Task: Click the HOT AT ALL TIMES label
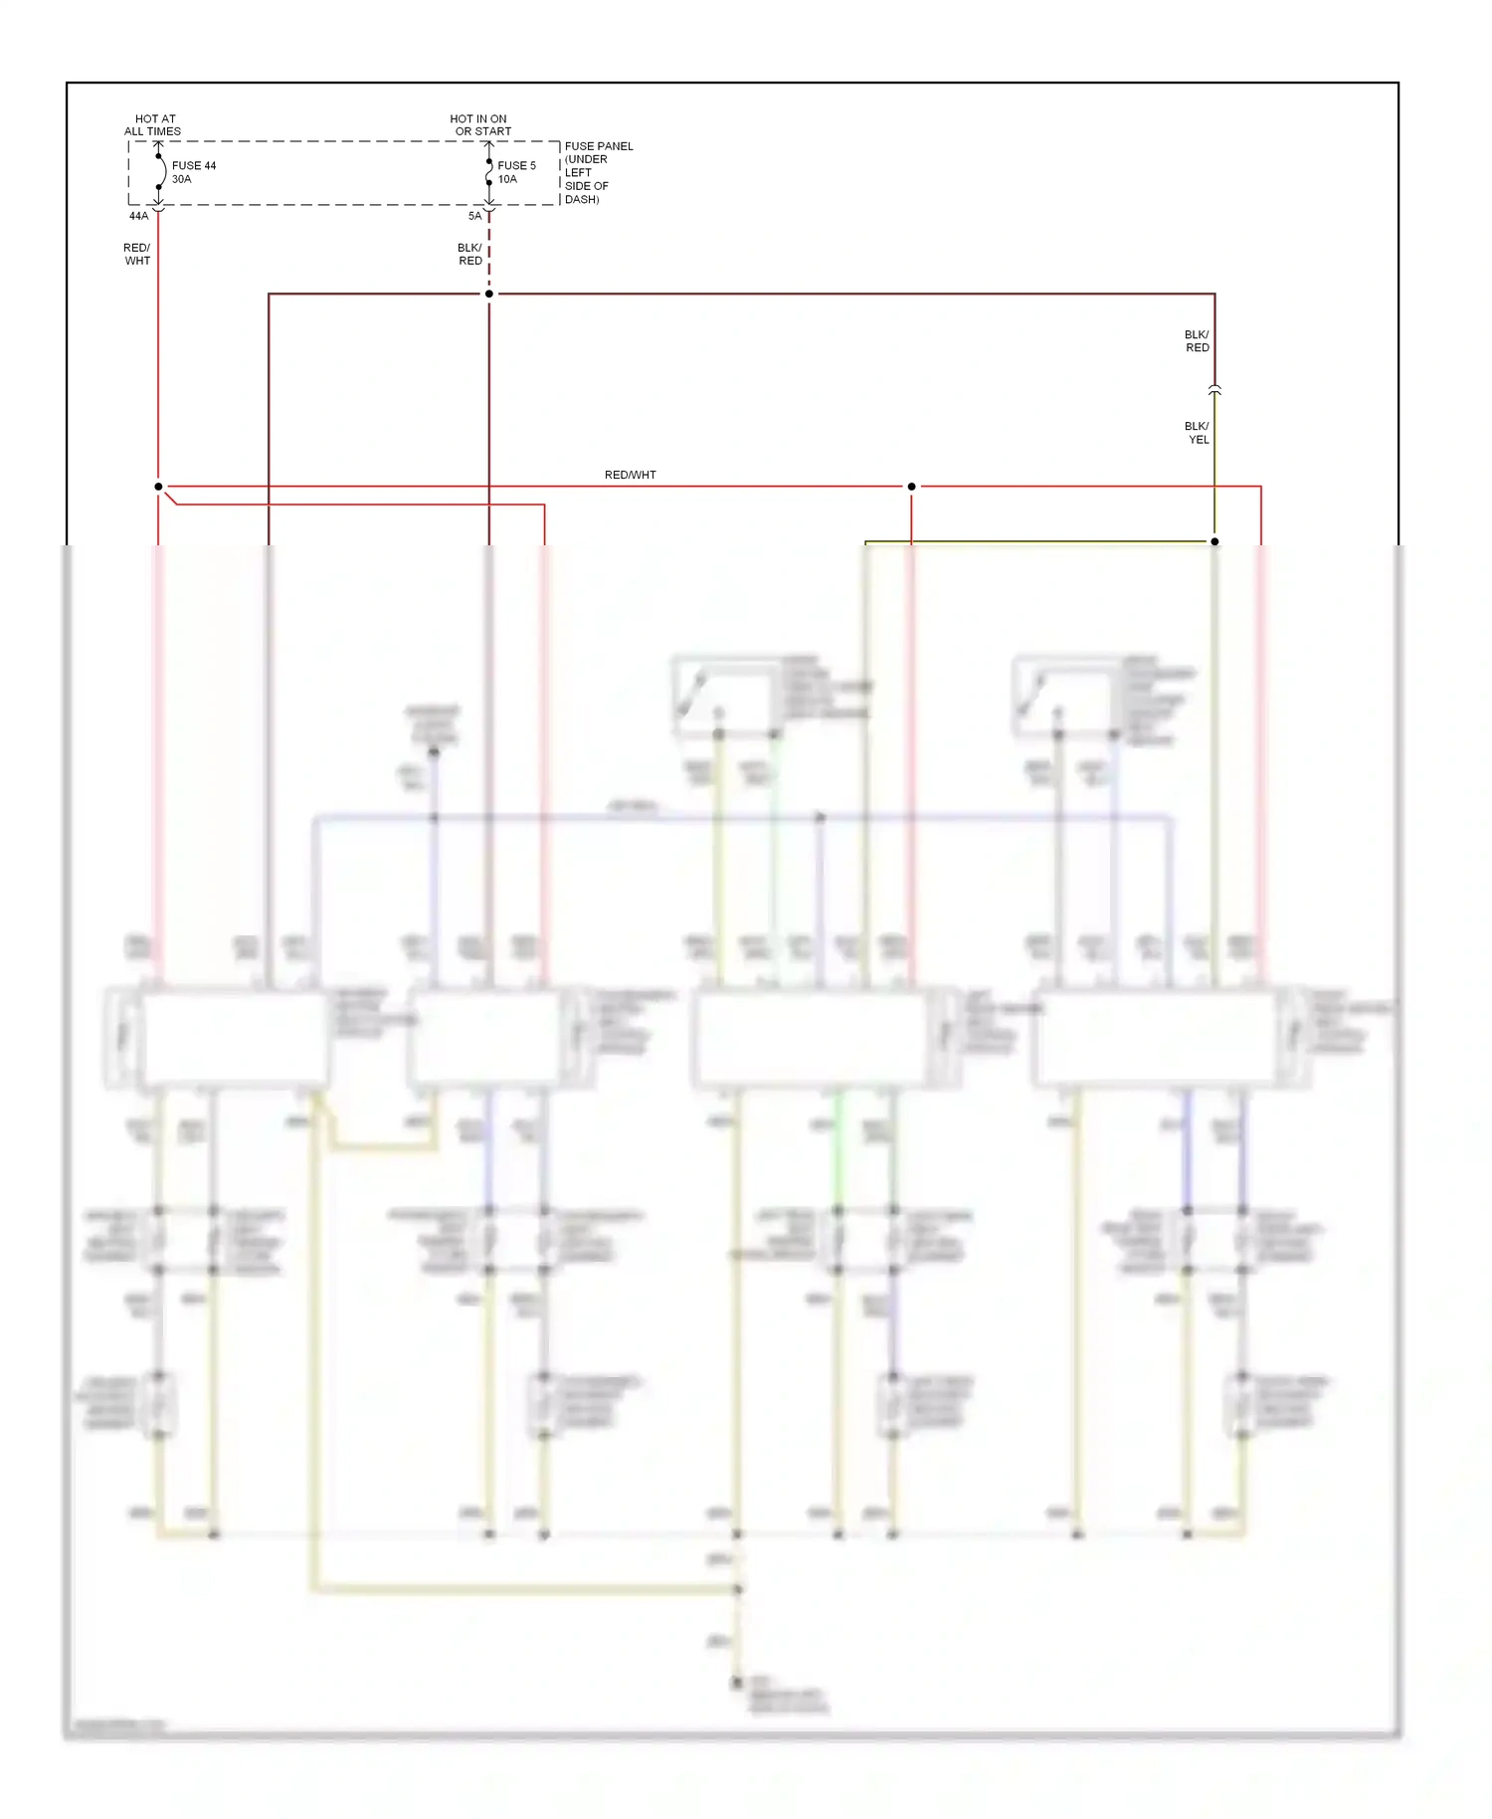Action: (153, 124)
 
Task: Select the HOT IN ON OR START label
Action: (480, 124)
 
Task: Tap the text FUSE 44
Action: (194, 165)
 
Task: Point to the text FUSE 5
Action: (516, 165)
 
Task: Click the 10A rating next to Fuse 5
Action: (507, 179)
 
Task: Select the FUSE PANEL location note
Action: (598, 172)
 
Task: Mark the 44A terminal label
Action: (138, 216)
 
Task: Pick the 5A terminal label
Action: (474, 216)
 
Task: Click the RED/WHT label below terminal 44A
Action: (137, 254)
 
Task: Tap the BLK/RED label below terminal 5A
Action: (469, 254)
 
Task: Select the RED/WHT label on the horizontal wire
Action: (630, 475)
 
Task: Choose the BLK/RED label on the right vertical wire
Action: (1197, 340)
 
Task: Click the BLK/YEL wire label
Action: (1197, 432)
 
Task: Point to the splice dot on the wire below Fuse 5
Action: (489, 294)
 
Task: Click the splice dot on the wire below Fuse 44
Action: (158, 487)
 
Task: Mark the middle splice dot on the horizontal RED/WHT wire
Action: (911, 487)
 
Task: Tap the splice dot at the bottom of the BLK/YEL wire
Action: (1214, 541)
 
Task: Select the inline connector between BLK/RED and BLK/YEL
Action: (1214, 390)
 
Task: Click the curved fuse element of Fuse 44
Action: (161, 171)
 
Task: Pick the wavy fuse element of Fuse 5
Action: (488, 173)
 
